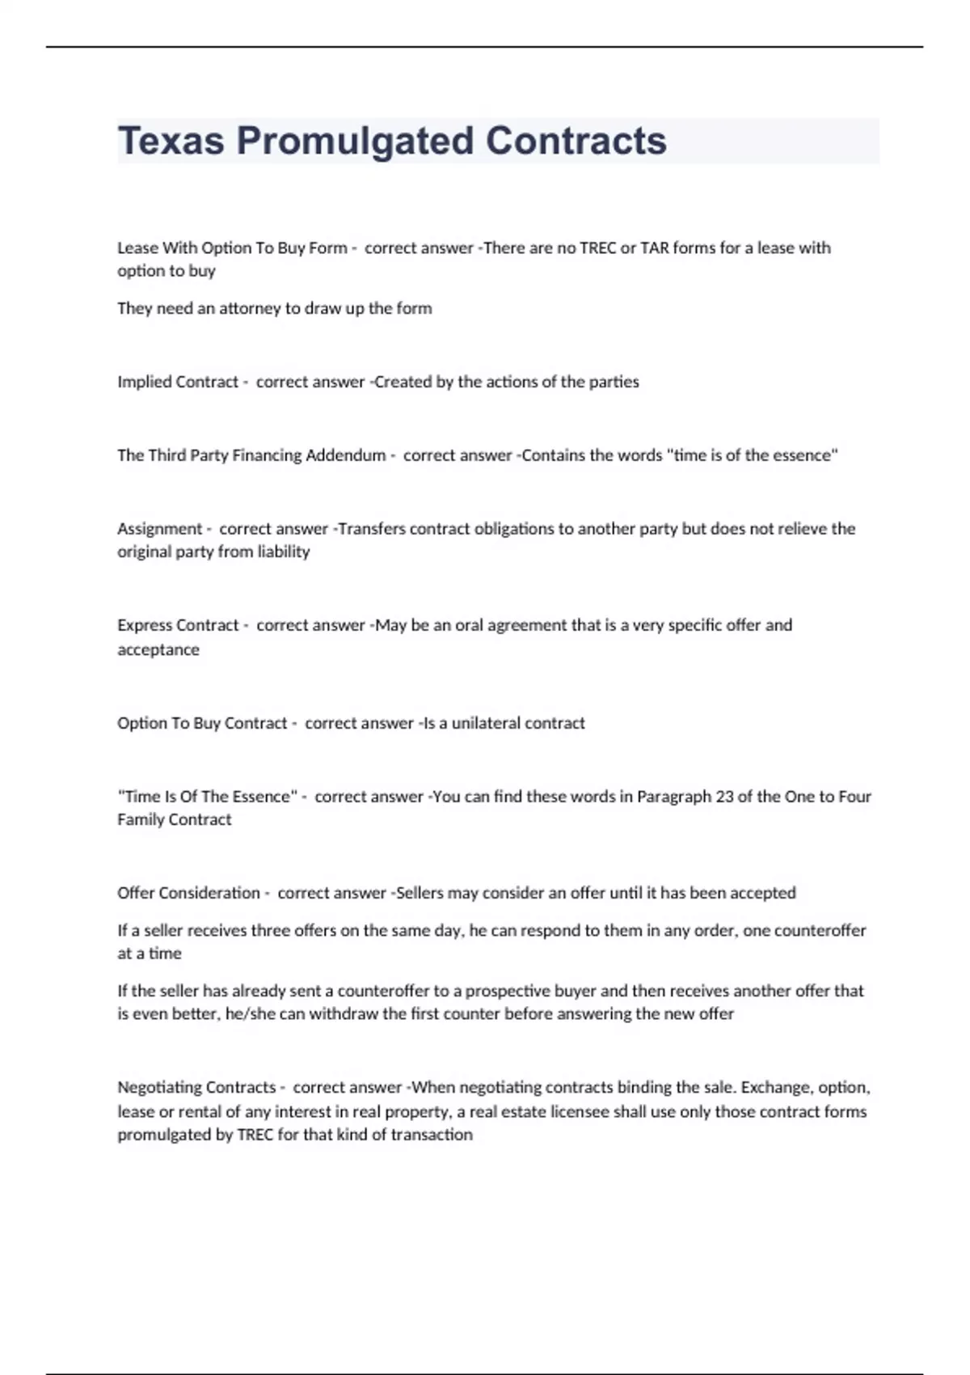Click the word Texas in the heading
(171, 141)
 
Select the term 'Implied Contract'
(178, 382)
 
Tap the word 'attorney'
(250, 308)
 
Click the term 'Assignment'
(160, 529)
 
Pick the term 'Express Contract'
(178, 625)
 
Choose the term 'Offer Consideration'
(188, 893)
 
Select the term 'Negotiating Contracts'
(196, 1088)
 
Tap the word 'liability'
(284, 552)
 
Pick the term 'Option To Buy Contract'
(202, 723)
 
